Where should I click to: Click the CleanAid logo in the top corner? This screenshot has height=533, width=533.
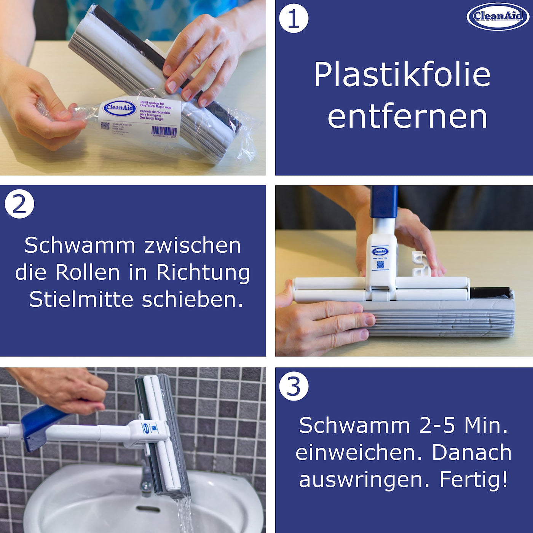(x=498, y=16)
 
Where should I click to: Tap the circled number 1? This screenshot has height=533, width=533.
(x=294, y=18)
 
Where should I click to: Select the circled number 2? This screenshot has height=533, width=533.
(x=19, y=204)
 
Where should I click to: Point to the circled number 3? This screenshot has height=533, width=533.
(x=294, y=386)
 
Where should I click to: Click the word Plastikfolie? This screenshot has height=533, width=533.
(x=402, y=75)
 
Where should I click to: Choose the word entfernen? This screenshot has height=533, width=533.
(x=407, y=117)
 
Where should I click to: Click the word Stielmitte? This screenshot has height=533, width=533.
(x=81, y=300)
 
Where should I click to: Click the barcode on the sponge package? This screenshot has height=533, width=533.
(x=164, y=131)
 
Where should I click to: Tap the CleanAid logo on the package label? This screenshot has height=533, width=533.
(x=120, y=108)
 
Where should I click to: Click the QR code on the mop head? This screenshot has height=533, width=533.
(x=380, y=265)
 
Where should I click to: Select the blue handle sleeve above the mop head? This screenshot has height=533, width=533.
(x=384, y=202)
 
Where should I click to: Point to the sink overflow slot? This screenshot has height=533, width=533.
(x=148, y=509)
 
